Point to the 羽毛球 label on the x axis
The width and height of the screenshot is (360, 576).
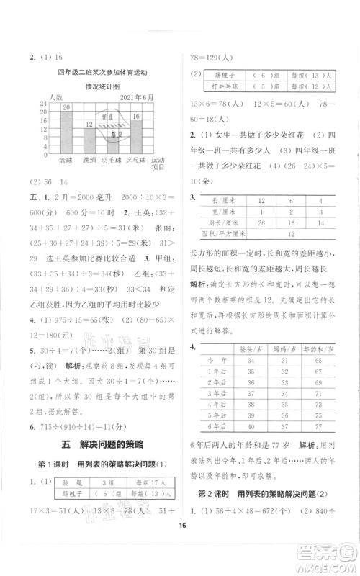112,160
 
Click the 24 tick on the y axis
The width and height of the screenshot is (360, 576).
42,103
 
